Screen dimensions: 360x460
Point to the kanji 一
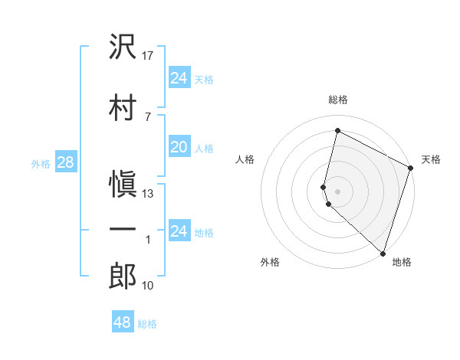point(123,229)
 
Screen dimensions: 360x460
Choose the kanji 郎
point(123,276)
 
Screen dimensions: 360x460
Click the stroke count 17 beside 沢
point(148,56)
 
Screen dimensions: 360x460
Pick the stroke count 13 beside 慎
point(148,194)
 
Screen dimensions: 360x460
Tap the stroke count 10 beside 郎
point(148,286)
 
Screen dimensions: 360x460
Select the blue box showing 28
point(65,162)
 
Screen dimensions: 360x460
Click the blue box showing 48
point(123,322)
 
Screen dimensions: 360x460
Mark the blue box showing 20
point(179,147)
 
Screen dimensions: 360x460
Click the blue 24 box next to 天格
point(179,77)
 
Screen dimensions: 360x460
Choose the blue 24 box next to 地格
point(179,231)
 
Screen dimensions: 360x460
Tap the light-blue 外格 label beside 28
point(41,163)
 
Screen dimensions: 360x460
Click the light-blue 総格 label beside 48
point(147,324)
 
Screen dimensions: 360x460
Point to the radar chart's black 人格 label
point(245,159)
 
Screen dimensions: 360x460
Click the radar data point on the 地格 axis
point(383,253)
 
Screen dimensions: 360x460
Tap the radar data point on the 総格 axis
point(337,131)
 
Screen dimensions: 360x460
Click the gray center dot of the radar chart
point(337,190)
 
